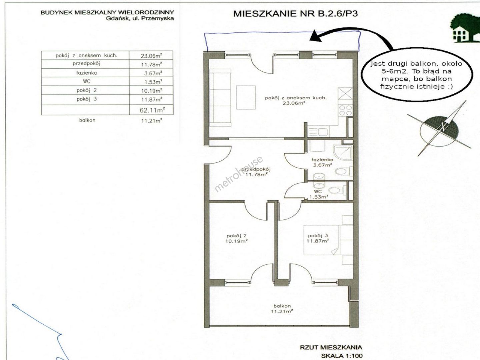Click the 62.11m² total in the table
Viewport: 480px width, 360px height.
152,110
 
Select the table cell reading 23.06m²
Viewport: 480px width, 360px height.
151,56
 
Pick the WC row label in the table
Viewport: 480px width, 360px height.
87,81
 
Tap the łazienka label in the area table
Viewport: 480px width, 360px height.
86,73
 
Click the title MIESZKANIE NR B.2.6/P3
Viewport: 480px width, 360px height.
295,14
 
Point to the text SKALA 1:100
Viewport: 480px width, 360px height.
342,356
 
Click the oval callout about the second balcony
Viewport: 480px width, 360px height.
417,75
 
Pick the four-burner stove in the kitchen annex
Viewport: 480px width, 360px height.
345,110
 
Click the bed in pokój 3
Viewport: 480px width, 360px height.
328,240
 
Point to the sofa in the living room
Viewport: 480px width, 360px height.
220,98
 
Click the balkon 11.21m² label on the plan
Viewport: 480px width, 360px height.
282,308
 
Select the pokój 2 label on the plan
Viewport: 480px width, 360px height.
237,236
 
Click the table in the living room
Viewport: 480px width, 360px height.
246,97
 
